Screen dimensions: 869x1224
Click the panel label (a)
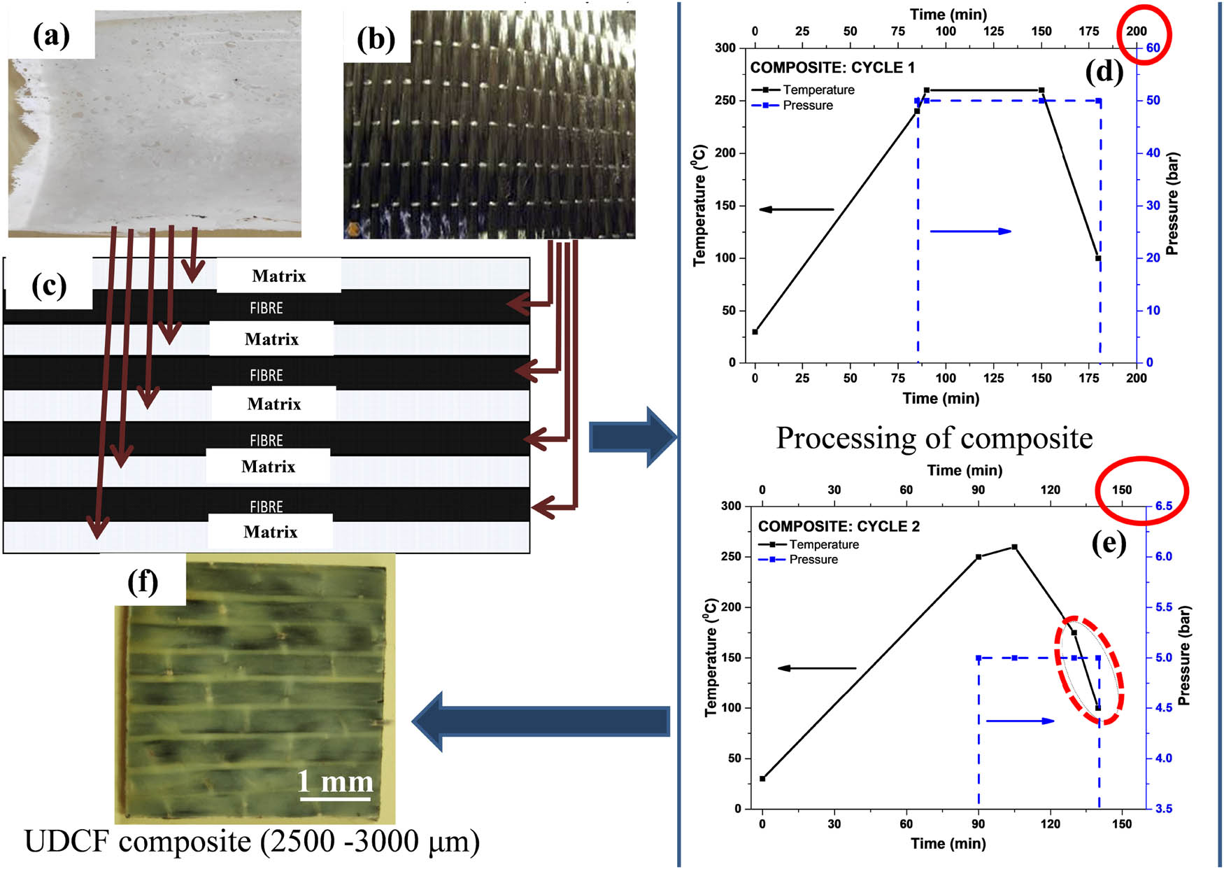51,36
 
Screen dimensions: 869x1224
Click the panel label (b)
376,39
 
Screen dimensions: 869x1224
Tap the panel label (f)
143,581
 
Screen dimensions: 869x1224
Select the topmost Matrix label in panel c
278,276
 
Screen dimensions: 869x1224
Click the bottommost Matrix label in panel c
270,532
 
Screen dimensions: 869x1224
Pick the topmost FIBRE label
266,308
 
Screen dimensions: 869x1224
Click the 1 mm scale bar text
336,781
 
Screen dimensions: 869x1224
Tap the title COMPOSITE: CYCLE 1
832,68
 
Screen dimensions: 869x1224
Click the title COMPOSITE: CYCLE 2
839,526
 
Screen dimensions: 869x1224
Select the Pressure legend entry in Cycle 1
807,106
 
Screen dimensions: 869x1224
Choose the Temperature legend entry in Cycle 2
823,544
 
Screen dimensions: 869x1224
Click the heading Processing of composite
934,439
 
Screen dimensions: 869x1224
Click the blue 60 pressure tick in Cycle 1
1153,48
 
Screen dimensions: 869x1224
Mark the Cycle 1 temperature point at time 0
755,332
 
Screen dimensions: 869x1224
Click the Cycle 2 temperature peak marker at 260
1014,547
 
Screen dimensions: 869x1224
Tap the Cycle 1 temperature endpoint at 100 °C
1098,259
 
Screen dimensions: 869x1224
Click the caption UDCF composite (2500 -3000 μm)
252,842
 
